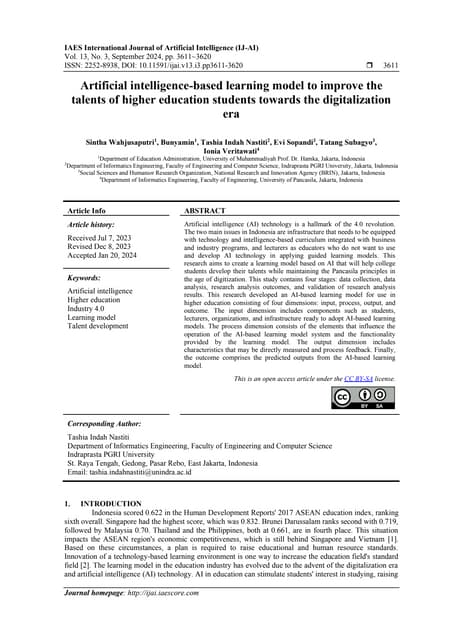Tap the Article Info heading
[x=86, y=211]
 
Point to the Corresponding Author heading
[x=104, y=424]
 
